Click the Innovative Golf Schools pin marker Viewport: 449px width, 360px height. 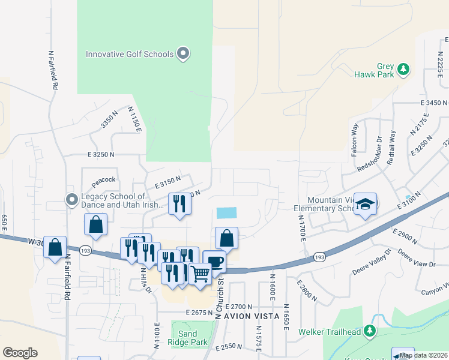(184, 54)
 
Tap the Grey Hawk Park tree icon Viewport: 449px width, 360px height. (404, 70)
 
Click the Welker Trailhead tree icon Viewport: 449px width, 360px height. (370, 330)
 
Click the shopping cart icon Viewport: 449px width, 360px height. (200, 274)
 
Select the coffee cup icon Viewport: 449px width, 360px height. (214, 262)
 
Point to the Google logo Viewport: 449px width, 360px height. (20, 353)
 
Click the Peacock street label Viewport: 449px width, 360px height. (103, 179)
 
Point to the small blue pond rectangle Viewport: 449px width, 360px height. (226, 213)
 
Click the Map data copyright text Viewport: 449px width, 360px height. (424, 355)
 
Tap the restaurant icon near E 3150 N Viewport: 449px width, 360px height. (179, 204)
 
